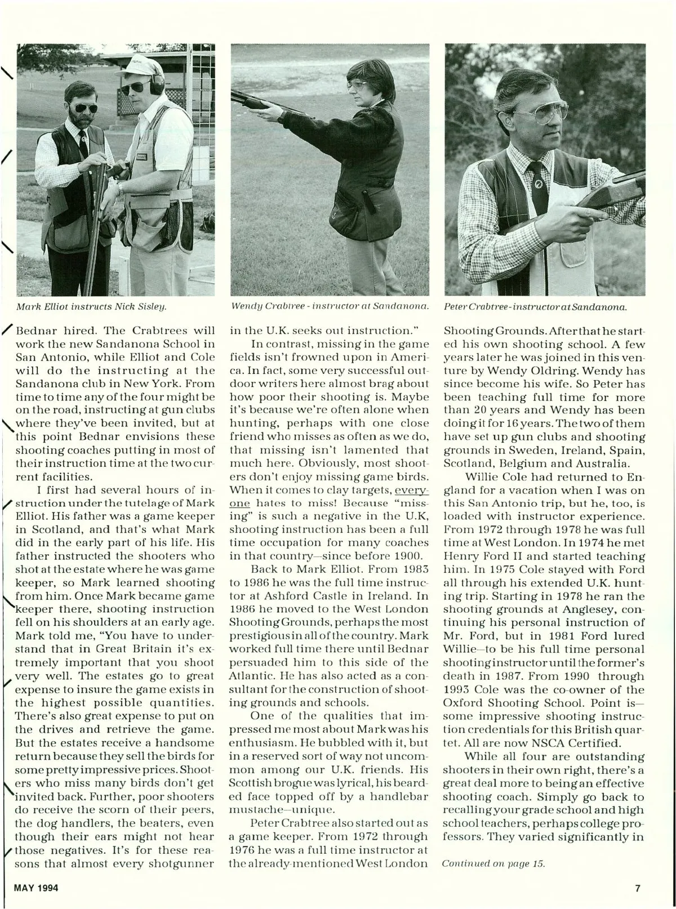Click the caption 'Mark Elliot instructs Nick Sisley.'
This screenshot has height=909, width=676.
coord(93,307)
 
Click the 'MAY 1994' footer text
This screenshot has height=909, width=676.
coord(34,888)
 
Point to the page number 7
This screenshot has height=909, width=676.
coord(638,888)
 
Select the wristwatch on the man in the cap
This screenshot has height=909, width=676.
coord(120,187)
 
